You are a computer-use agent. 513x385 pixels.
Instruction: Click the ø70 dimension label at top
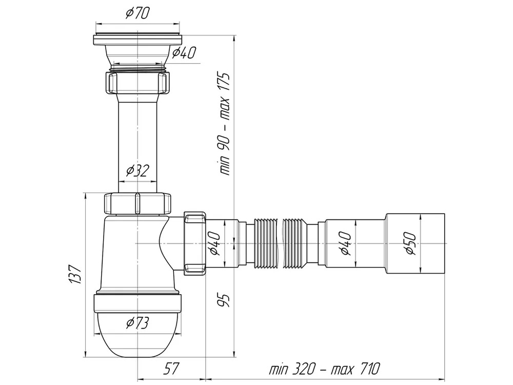tap(137, 13)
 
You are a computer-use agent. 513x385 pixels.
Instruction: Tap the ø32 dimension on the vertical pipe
tap(137, 170)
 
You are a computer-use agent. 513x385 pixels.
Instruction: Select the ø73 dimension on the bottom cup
tap(137, 323)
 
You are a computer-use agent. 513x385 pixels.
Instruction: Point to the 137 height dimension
tap(75, 274)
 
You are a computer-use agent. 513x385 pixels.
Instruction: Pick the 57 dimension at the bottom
tap(171, 370)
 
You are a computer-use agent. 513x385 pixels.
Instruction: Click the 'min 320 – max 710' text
tap(325, 369)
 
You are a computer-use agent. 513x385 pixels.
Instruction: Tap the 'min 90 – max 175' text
tap(225, 124)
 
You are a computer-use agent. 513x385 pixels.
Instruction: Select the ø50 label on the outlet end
tap(410, 243)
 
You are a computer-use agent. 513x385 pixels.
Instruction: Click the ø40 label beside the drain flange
tap(184, 52)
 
